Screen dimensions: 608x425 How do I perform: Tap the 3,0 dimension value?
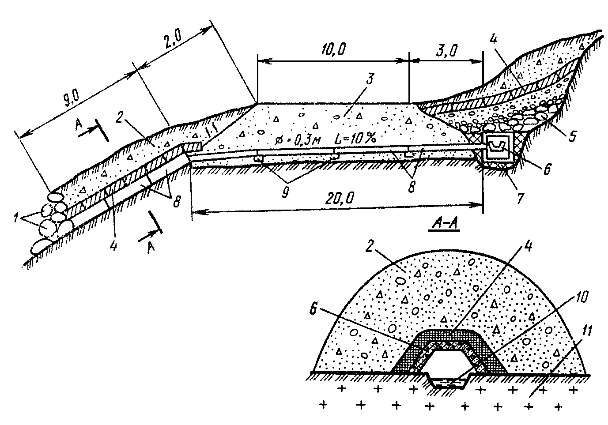(447, 50)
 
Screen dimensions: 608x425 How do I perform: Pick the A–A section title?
(444, 224)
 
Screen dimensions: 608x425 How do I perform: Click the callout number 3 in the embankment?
(369, 79)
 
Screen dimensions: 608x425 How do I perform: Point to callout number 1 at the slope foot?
(17, 218)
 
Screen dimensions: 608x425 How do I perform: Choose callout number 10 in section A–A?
(580, 297)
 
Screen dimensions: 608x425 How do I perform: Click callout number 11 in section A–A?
(586, 331)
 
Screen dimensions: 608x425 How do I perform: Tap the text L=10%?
(355, 138)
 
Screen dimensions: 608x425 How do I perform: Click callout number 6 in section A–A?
(313, 309)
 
